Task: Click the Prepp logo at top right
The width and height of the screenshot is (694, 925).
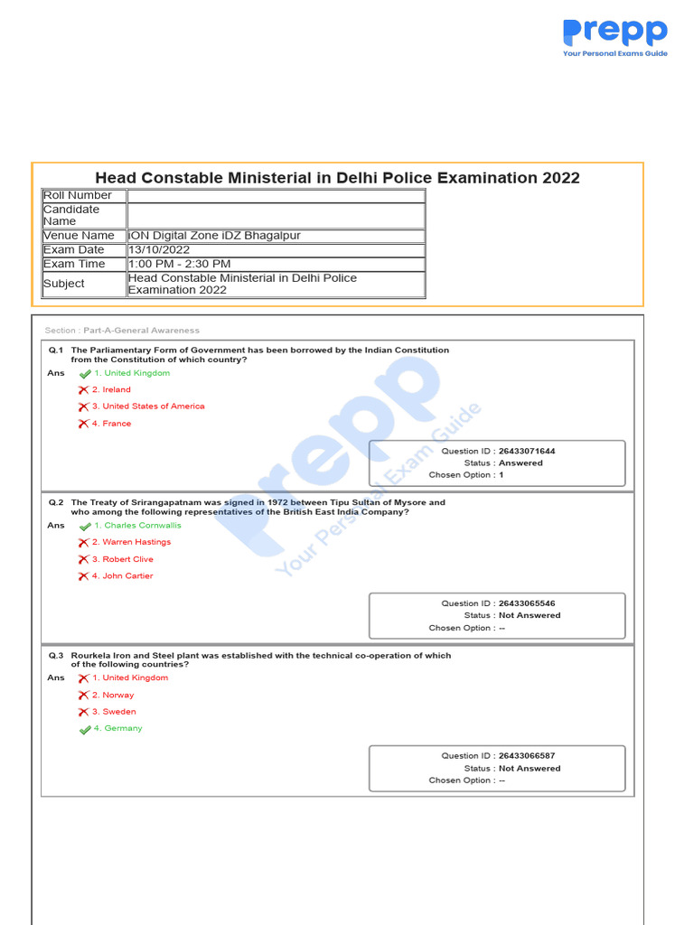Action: [614, 37]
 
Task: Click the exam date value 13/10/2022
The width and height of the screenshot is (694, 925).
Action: [159, 250]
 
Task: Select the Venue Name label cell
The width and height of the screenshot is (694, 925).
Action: [80, 236]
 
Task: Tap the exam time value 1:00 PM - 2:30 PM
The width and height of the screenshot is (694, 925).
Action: [180, 264]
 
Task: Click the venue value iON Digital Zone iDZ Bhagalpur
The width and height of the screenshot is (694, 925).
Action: [214, 236]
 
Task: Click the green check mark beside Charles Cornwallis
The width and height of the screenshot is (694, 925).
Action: [85, 526]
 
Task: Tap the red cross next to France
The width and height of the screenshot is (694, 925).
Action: [83, 424]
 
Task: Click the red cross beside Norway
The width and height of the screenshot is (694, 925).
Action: [83, 696]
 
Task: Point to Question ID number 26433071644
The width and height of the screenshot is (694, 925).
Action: [527, 451]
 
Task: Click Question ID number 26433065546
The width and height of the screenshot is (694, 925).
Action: [527, 603]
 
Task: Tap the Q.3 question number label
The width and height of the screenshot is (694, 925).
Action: [56, 656]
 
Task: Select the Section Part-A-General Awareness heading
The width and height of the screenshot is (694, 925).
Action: [122, 331]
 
